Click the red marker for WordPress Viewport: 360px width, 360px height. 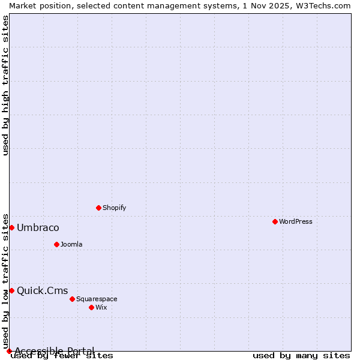[x=275, y=221]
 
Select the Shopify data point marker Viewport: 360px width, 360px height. [x=98, y=208]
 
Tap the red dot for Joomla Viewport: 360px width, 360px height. [x=56, y=244]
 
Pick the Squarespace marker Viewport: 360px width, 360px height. [x=72, y=299]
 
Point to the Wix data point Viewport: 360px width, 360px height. [x=91, y=307]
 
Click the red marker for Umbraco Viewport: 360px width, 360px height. [x=11, y=227]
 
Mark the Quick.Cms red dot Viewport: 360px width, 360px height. [x=11, y=290]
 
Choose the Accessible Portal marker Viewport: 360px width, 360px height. [x=9, y=351]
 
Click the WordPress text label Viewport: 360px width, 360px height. [x=296, y=221]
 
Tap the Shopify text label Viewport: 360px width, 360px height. [x=114, y=208]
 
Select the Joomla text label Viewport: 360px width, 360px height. [x=71, y=244]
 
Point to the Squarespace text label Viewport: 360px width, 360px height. [x=97, y=299]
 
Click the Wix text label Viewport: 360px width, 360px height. [x=101, y=307]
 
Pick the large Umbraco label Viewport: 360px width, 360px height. [x=38, y=227]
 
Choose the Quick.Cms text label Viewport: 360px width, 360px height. [x=42, y=290]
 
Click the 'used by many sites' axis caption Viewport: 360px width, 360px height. [x=301, y=355]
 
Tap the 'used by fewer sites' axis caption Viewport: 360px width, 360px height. [x=62, y=355]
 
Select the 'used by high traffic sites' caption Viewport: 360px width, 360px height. [x=5, y=85]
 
